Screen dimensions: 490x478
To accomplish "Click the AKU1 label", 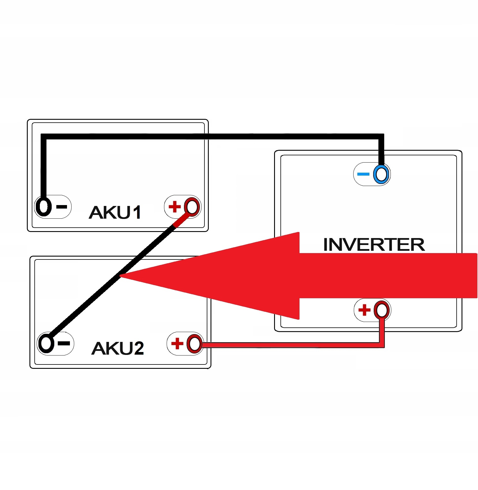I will click(115, 213).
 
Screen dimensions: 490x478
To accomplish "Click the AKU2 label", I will click(118, 348).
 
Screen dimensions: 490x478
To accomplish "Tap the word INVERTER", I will click(374, 245).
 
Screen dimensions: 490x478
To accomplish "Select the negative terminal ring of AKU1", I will click(44, 207).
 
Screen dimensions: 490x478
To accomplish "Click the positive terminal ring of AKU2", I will click(195, 344).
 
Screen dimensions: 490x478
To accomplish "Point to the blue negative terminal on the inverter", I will click(381, 174).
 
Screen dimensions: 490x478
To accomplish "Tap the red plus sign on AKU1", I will click(175, 207).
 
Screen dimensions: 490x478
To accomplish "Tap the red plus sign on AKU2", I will click(177, 344).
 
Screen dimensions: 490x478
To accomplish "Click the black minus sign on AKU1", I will click(62, 207).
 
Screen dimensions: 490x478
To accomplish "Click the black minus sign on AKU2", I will click(64, 343).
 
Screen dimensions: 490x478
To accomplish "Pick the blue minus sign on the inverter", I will click(363, 174).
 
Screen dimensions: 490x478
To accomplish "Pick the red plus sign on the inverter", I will click(364, 310).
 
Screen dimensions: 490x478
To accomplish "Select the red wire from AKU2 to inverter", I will click(289, 345).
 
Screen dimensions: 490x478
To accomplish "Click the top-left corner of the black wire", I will click(44, 136).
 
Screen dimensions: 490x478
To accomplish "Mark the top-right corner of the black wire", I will click(381, 136).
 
